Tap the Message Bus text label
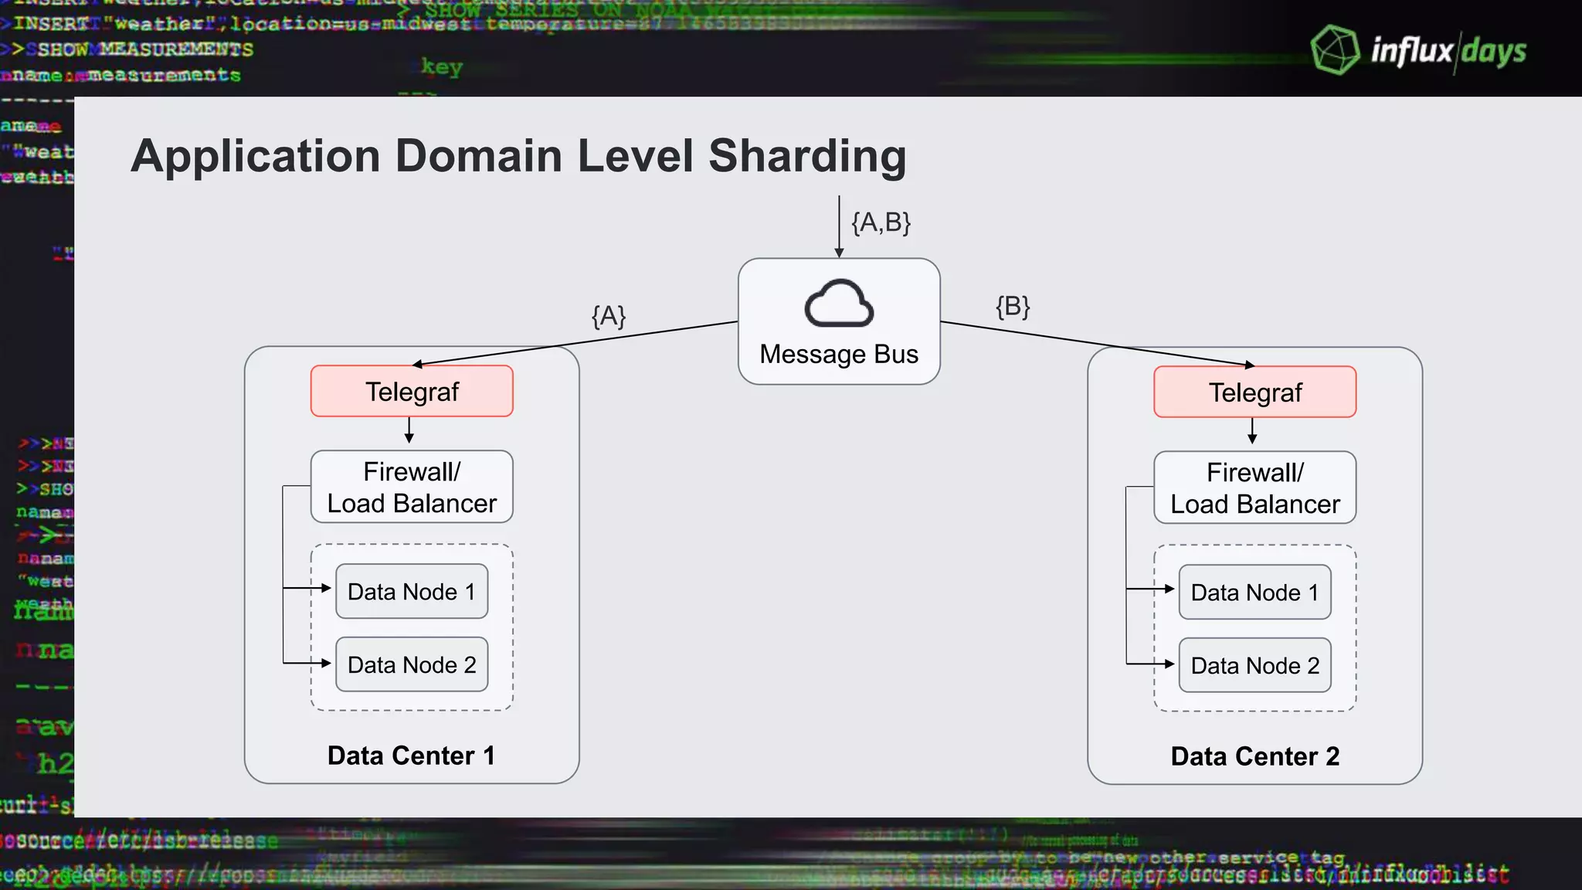(839, 354)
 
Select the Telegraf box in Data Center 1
(412, 392)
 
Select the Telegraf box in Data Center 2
(1254, 392)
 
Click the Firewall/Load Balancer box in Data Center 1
(412, 487)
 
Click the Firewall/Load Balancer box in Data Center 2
(1254, 488)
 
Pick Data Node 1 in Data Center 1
(412, 592)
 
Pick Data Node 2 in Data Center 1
(412, 664)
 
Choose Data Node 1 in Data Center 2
(1254, 593)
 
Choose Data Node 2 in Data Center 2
(1254, 665)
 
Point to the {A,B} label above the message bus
(881, 222)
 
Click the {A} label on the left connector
(609, 316)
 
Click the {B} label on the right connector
(1013, 307)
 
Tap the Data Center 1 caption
(411, 756)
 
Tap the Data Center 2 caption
(1254, 756)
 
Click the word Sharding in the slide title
(807, 156)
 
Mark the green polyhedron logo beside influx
(1335, 50)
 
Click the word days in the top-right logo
(1494, 52)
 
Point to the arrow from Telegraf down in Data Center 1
(409, 430)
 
